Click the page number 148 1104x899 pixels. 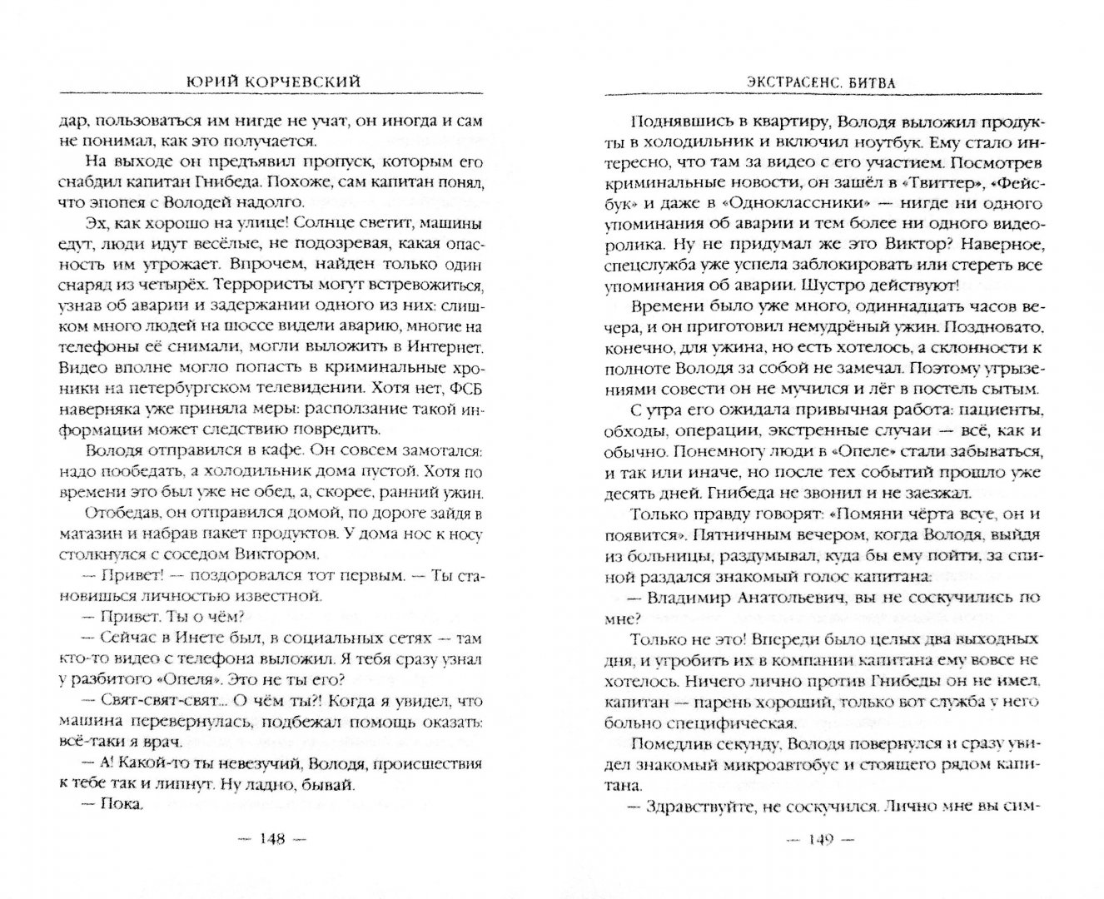[271, 837]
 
